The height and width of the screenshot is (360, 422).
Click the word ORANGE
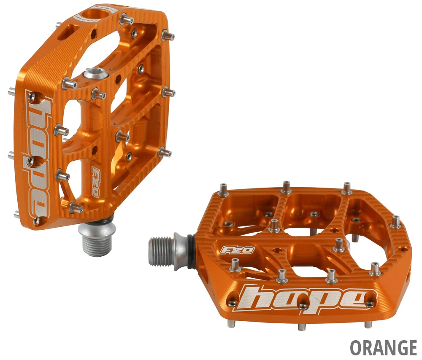(383, 348)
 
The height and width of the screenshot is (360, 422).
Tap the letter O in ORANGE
(356, 348)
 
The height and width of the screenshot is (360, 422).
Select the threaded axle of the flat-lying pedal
(162, 251)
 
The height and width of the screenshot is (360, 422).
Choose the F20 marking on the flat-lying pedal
(237, 250)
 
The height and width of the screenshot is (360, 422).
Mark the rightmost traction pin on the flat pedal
(396, 222)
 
